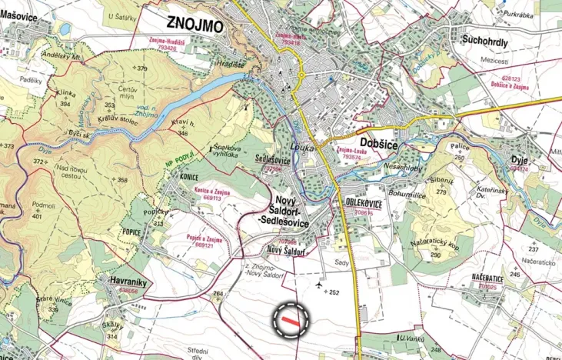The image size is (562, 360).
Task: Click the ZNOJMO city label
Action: [194, 26]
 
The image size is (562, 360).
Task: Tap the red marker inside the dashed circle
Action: [291, 317]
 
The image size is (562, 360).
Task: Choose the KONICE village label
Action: [168, 174]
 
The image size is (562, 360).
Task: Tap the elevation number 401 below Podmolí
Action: [36, 217]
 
